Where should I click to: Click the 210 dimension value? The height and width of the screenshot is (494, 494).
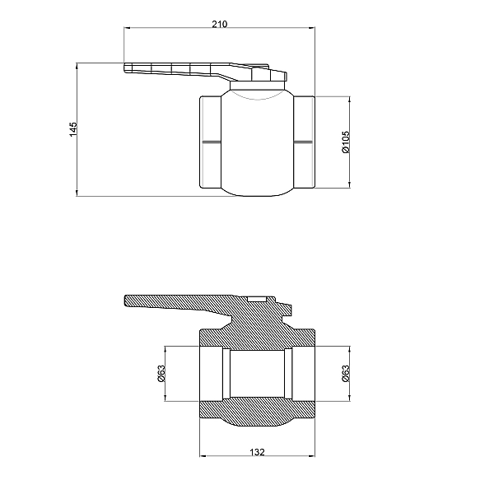(219, 24)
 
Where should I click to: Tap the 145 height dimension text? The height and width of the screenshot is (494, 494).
(73, 129)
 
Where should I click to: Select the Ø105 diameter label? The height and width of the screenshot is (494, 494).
(346, 142)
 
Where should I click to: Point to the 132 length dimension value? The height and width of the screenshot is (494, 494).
(257, 452)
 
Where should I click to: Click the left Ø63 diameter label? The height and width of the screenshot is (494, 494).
(161, 373)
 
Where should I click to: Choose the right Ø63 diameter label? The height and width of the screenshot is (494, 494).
(346, 373)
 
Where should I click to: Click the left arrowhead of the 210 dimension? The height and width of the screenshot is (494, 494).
(127, 28)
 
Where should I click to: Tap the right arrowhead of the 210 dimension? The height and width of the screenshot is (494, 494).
(311, 28)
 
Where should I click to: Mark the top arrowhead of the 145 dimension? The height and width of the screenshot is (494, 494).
(77, 66)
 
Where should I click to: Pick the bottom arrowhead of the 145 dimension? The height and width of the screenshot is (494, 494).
(77, 193)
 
